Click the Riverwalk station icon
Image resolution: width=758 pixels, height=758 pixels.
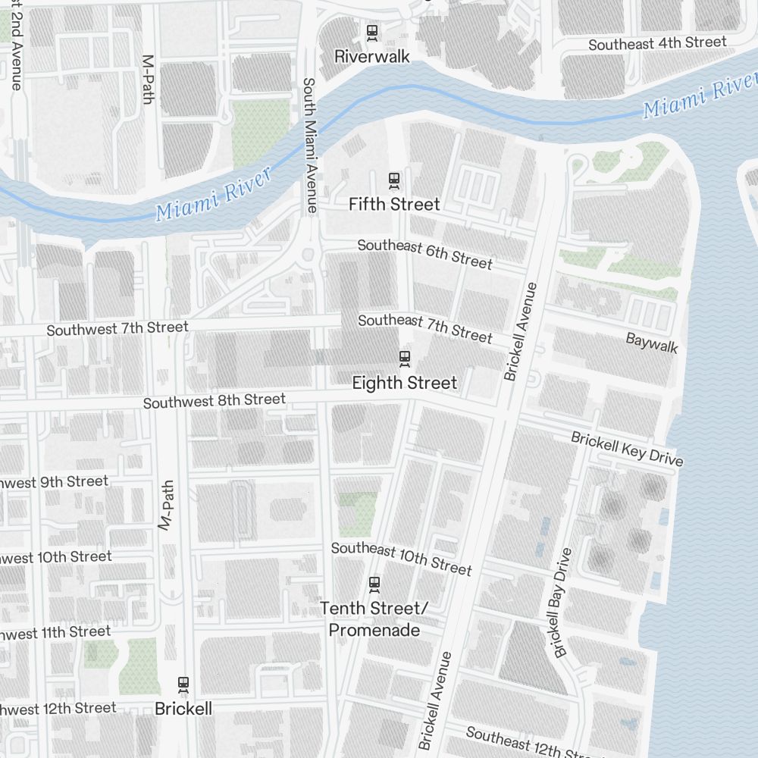371,33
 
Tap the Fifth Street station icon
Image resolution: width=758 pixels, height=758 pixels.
393,180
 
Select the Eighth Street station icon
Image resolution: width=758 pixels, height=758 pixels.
405,358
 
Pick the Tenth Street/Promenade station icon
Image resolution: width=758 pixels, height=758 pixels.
374,584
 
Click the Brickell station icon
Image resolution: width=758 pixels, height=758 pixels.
183,684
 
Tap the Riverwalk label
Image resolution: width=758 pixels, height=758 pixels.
371,56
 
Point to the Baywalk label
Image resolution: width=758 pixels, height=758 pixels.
651,343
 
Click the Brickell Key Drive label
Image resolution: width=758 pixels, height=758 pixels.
627,449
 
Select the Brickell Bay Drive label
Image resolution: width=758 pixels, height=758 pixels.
562,603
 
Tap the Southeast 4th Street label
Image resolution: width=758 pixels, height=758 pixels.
657,44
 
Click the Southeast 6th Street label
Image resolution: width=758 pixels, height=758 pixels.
424,254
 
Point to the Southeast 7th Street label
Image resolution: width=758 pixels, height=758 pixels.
424,328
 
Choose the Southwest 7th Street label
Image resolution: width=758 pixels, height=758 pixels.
117,329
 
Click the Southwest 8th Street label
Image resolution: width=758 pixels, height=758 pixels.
215,400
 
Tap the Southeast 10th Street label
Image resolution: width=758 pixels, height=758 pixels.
401,559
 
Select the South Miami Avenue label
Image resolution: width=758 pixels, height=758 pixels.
309,144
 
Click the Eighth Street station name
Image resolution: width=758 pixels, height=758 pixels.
405,384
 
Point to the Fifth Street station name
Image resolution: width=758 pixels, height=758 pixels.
394,205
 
